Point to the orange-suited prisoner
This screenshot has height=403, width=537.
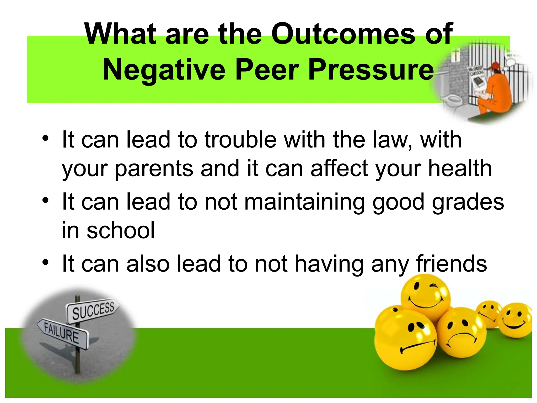493,89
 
